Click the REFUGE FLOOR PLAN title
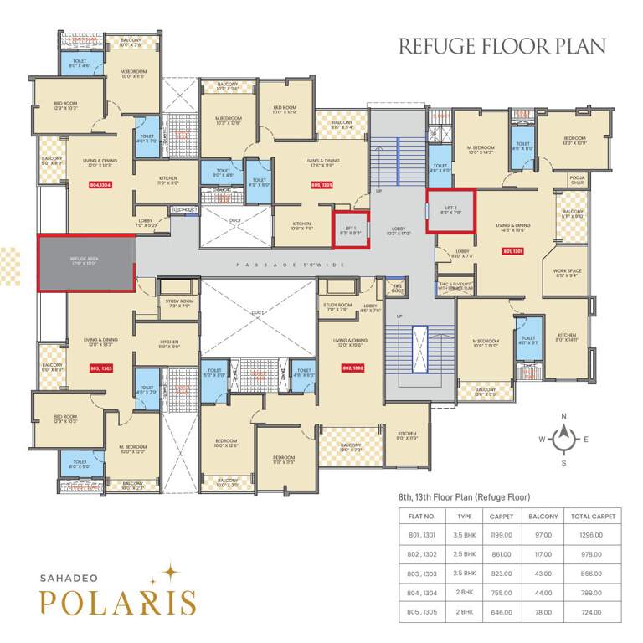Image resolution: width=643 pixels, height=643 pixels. click(x=502, y=45)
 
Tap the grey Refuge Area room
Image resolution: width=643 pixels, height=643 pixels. click(x=86, y=263)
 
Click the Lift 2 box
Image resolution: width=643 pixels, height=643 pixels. click(x=450, y=212)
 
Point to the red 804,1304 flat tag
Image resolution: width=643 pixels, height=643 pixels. click(x=100, y=185)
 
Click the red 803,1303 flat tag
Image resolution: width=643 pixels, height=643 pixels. click(x=100, y=368)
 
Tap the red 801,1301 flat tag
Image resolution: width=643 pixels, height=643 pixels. click(x=512, y=249)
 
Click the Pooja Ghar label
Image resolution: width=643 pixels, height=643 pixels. click(x=576, y=179)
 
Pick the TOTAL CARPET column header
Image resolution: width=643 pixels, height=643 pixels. click(x=593, y=517)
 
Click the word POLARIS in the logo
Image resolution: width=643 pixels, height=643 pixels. click(x=117, y=600)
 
